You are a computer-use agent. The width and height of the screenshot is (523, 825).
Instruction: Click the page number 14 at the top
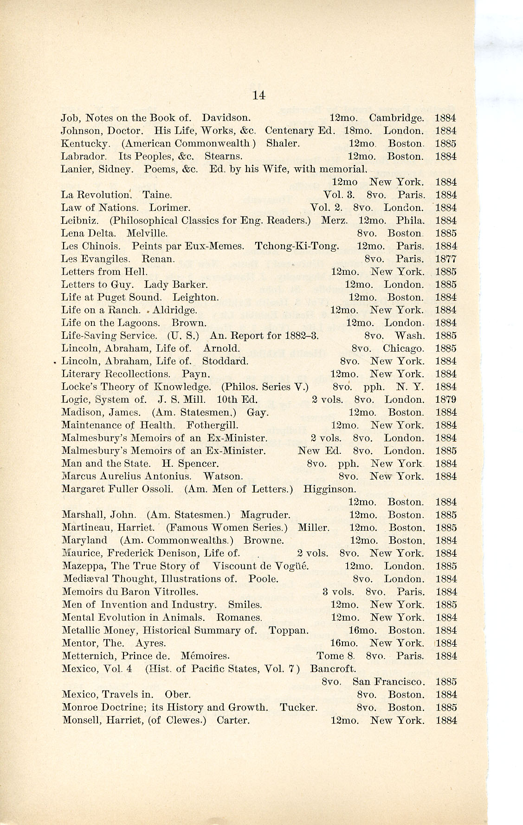click(258, 95)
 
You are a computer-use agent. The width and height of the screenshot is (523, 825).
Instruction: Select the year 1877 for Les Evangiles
click(446, 259)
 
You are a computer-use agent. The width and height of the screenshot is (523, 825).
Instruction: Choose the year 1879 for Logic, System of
click(446, 400)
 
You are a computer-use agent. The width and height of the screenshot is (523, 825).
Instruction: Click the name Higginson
click(329, 489)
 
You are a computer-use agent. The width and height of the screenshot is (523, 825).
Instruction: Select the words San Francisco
click(388, 682)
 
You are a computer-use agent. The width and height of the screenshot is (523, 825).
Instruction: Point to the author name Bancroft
click(333, 669)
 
